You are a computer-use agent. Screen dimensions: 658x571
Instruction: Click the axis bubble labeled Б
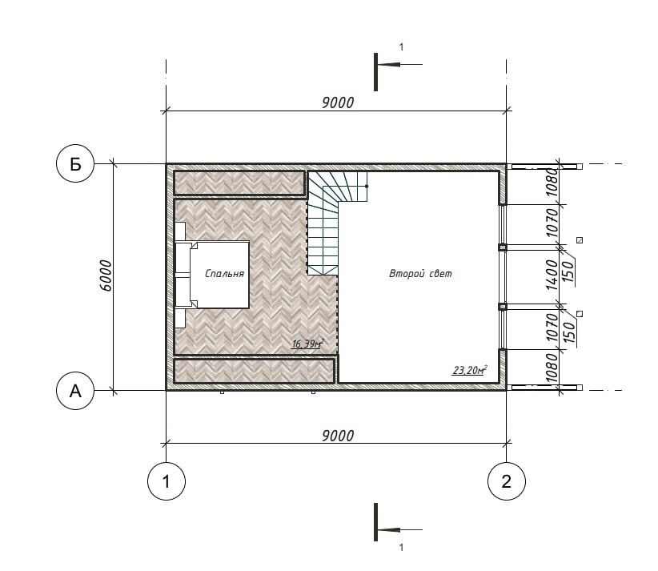(74, 163)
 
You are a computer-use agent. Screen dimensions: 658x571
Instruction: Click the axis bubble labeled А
(74, 391)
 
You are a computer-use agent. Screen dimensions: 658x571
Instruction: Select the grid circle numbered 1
(167, 481)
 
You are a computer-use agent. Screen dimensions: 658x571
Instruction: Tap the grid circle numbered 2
(506, 481)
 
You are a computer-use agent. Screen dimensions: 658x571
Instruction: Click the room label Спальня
(224, 274)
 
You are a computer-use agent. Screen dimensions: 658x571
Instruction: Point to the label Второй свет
(420, 274)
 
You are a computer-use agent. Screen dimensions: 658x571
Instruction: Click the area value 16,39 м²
(308, 344)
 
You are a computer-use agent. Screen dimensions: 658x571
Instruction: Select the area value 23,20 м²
(470, 370)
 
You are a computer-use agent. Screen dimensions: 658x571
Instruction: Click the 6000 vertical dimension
(106, 275)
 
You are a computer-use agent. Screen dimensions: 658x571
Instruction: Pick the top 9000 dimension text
(338, 103)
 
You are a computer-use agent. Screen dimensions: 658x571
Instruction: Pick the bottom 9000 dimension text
(338, 436)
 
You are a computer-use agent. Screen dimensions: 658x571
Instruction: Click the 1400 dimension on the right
(552, 275)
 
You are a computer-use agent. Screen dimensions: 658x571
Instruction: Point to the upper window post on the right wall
(503, 247)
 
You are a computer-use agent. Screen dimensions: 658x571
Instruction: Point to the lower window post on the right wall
(503, 307)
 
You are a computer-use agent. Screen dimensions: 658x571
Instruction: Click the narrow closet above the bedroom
(239, 183)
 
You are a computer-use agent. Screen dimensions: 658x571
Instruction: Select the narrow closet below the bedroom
(255, 370)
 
